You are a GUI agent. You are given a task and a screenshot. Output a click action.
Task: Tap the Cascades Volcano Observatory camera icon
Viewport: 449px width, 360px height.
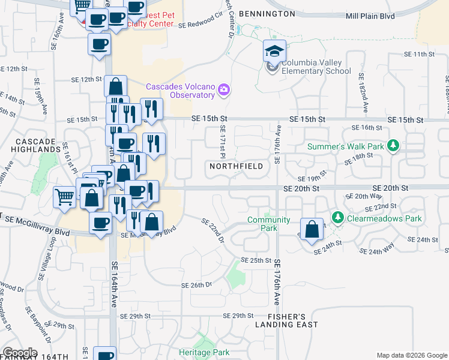click(x=224, y=90)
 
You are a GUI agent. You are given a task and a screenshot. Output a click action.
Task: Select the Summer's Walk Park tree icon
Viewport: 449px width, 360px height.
click(x=394, y=145)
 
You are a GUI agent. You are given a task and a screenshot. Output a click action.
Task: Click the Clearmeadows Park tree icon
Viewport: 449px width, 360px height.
click(x=338, y=217)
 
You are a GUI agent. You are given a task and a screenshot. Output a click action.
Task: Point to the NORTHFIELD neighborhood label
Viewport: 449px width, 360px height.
click(x=236, y=166)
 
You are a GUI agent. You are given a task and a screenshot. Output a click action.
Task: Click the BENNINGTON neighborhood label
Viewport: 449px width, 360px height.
click(x=267, y=13)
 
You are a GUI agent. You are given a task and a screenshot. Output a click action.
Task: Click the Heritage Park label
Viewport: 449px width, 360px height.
click(x=205, y=352)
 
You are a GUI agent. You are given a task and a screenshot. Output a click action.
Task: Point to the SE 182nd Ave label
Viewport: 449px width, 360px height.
click(x=363, y=94)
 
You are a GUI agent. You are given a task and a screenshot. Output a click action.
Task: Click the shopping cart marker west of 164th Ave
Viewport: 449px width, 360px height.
click(x=64, y=196)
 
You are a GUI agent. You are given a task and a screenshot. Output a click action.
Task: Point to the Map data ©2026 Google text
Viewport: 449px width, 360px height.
click(x=412, y=355)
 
